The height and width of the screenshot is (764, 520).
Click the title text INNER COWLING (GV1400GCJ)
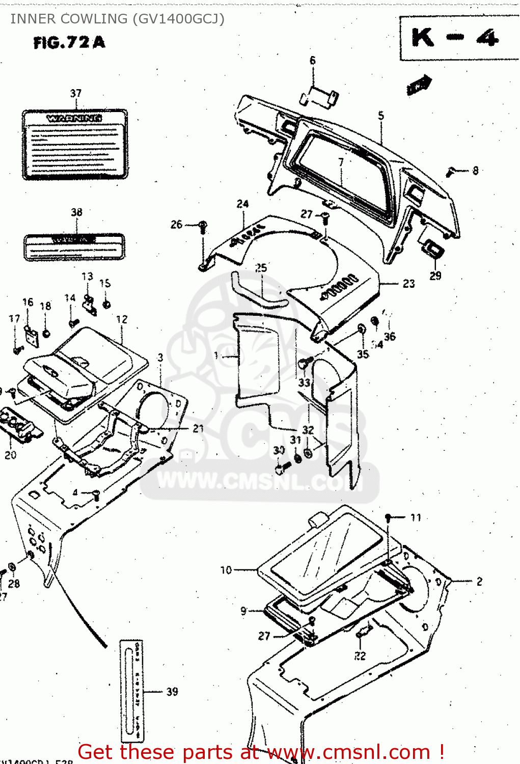(117, 19)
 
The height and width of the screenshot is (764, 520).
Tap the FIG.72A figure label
(69, 42)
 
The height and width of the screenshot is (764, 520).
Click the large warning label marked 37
(74, 144)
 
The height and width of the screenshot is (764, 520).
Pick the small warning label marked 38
(74, 247)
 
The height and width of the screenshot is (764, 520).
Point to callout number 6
(313, 61)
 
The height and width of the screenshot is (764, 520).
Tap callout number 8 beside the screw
(475, 171)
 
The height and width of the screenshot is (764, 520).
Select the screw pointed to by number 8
(450, 172)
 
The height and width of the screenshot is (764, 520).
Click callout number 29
(435, 276)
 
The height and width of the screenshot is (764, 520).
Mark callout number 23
(408, 284)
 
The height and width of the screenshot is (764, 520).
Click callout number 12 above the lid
(122, 319)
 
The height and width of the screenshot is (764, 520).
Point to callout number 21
(198, 429)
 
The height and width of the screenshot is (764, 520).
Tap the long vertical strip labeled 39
(131, 691)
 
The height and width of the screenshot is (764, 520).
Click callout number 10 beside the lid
(226, 570)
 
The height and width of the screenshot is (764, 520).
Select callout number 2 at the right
(479, 581)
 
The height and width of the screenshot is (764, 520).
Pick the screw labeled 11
(388, 518)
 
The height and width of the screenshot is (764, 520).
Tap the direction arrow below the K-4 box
(419, 85)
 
